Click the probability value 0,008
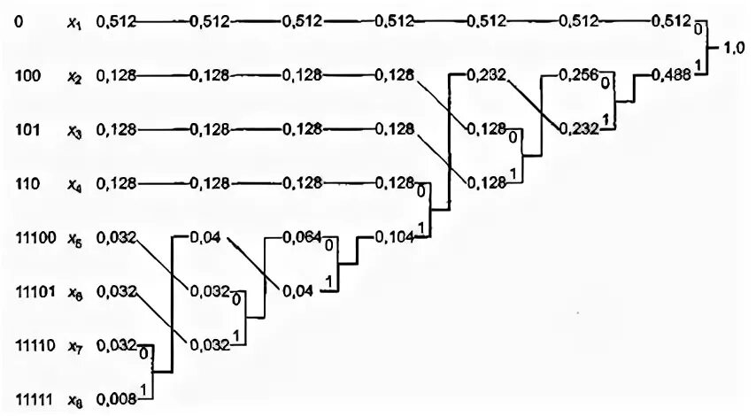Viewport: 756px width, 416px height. [116, 399]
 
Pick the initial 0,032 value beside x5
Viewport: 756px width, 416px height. [116, 237]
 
